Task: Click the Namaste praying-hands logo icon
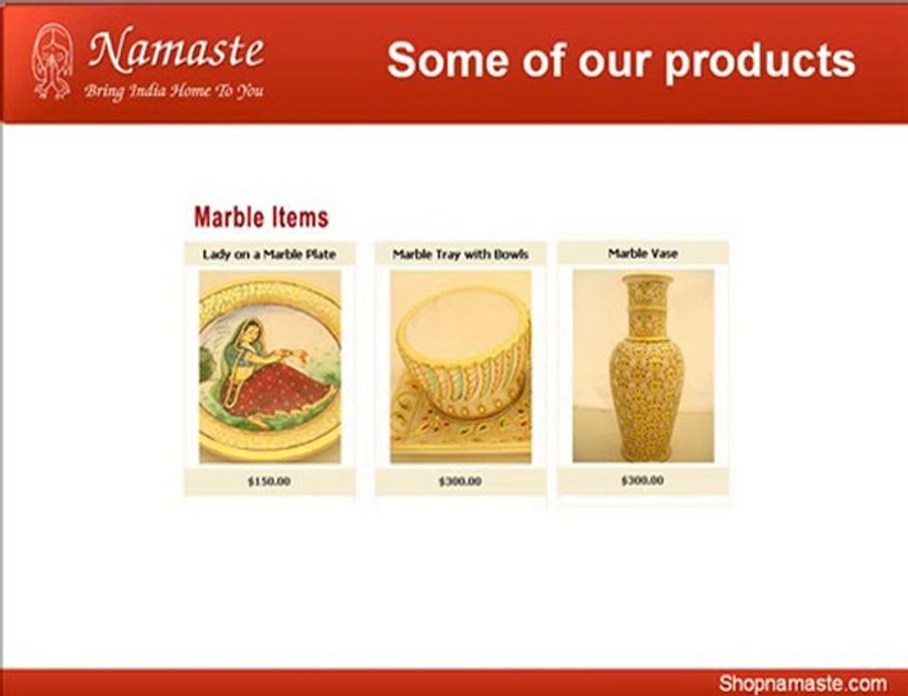coord(52,62)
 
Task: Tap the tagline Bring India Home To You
coord(173,92)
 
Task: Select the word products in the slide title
coord(760,62)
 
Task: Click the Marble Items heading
coord(261,217)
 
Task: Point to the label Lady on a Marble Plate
coord(270,254)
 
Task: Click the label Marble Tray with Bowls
coord(460,254)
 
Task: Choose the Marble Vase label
coord(643,253)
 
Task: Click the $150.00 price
coord(269,480)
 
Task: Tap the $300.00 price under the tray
coord(459,480)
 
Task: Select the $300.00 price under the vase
coord(643,479)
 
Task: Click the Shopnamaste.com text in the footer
coord(802,682)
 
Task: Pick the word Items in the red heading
coord(296,217)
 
